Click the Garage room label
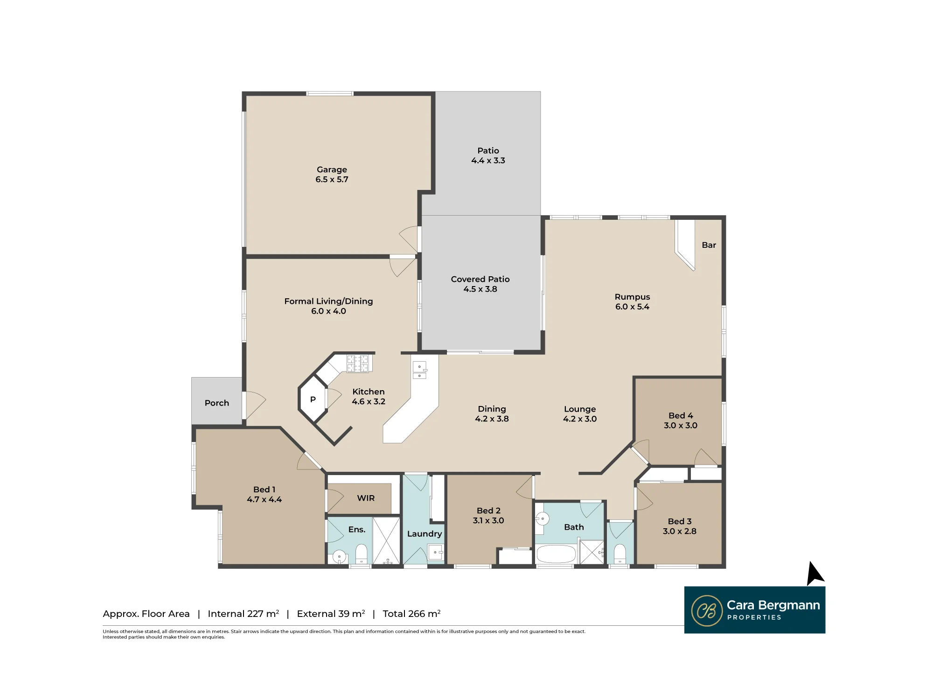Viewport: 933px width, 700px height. click(332, 175)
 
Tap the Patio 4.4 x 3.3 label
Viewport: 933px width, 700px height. click(488, 155)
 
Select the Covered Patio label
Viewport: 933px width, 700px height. click(480, 279)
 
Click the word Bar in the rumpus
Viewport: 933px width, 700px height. click(709, 245)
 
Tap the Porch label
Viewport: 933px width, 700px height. click(217, 403)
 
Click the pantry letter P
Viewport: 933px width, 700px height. click(313, 399)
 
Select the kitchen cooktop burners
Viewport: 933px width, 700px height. click(358, 364)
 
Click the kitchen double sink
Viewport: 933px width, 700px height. click(419, 370)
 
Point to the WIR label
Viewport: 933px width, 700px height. click(366, 498)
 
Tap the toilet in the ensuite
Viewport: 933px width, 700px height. click(362, 554)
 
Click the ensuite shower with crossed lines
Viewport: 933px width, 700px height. click(386, 540)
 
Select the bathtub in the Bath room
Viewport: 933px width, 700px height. click(556, 554)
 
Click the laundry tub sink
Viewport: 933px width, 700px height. click(435, 552)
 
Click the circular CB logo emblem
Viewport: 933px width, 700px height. click(707, 610)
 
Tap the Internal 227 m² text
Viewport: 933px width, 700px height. click(244, 613)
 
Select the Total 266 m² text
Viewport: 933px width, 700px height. click(411, 613)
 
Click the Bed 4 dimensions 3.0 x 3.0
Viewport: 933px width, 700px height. click(681, 425)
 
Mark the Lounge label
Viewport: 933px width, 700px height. click(580, 409)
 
